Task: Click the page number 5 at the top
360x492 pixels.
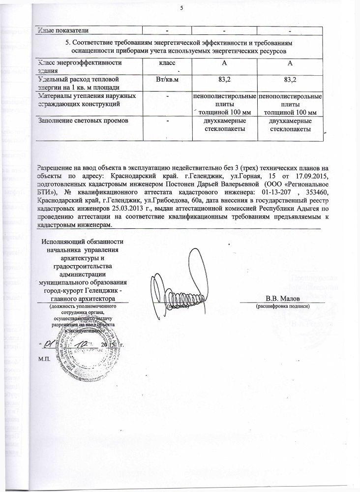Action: [181, 8]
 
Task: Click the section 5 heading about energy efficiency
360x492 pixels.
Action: [179, 47]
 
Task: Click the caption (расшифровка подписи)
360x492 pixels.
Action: [282, 306]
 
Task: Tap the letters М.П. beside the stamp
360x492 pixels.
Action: [44, 358]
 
